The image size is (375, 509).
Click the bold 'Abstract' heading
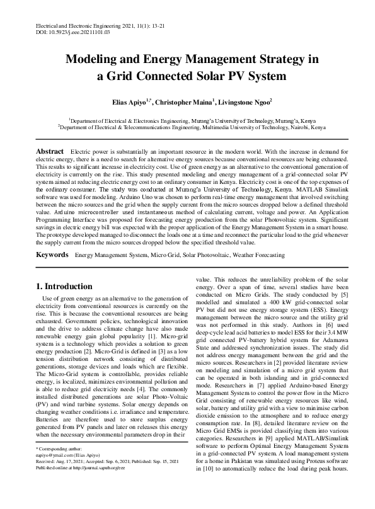(50, 152)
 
